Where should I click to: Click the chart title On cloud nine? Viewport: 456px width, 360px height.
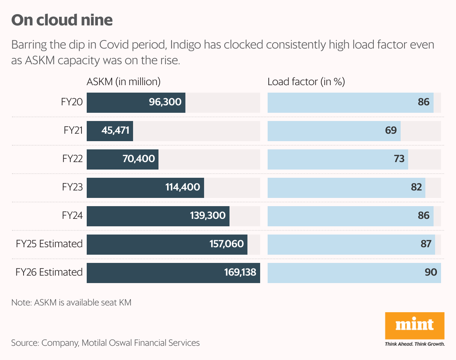[62, 20]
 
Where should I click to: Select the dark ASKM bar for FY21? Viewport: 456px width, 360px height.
[110, 130]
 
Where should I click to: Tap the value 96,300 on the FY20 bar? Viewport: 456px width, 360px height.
[165, 102]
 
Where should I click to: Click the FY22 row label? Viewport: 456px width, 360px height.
[72, 159]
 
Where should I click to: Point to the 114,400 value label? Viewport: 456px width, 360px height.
[182, 187]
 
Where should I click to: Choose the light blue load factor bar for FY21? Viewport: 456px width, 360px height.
[334, 130]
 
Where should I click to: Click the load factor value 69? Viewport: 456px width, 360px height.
[391, 130]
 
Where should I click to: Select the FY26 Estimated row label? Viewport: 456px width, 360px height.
[49, 272]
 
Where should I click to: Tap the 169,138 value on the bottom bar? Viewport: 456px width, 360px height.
[240, 272]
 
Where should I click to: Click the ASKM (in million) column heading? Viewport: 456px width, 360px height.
[123, 82]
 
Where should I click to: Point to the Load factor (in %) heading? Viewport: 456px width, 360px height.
[306, 82]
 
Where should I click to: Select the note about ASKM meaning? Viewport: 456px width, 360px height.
[71, 302]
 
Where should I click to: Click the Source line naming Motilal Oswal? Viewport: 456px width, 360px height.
[105, 342]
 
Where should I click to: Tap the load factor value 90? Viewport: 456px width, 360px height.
[431, 272]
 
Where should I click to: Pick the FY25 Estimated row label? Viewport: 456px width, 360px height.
[49, 244]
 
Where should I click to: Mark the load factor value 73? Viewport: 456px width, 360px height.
[399, 159]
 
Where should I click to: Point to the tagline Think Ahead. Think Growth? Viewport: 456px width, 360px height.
[415, 344]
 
